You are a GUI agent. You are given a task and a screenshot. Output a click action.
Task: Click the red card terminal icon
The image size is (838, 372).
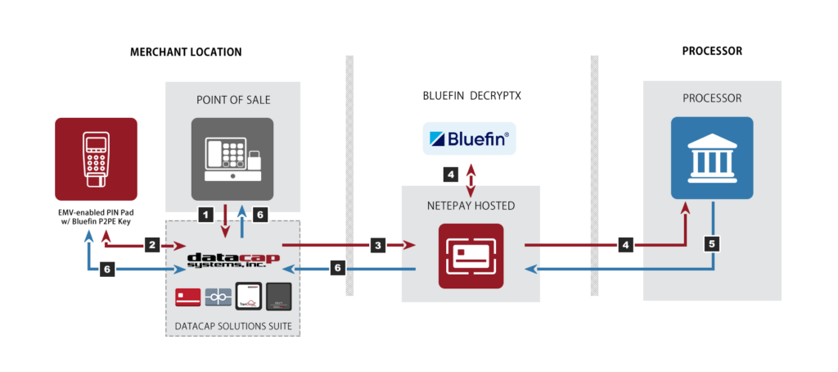tap(96, 159)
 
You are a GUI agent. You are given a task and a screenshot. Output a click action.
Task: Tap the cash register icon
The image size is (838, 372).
tap(232, 159)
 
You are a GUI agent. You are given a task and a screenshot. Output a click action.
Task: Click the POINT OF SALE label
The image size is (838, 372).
tap(233, 100)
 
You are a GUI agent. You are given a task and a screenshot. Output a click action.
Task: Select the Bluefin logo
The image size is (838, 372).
tap(470, 138)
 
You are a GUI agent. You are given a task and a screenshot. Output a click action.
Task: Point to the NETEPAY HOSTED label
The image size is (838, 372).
tap(471, 206)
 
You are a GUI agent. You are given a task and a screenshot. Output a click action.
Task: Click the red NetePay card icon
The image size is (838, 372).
tap(471, 256)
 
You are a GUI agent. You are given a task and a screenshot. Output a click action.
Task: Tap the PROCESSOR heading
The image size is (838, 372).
tap(712, 98)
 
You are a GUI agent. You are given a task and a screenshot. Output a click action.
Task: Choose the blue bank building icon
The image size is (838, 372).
tap(712, 158)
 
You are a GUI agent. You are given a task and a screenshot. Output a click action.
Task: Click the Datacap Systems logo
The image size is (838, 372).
tap(233, 260)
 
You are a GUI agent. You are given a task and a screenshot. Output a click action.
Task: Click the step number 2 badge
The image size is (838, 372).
tap(151, 244)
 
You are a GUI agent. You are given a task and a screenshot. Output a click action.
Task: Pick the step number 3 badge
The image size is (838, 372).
tap(376, 244)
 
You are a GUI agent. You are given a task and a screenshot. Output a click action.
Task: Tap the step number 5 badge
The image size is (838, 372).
tap(713, 243)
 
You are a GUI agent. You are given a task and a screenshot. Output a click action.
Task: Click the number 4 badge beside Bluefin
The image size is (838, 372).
tap(450, 174)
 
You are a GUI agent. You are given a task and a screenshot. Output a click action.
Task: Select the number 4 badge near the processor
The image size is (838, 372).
tap(625, 244)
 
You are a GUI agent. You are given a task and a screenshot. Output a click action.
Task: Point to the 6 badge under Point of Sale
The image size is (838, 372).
tap(259, 215)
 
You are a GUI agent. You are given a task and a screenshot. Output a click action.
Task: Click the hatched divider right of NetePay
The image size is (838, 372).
tap(594, 176)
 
